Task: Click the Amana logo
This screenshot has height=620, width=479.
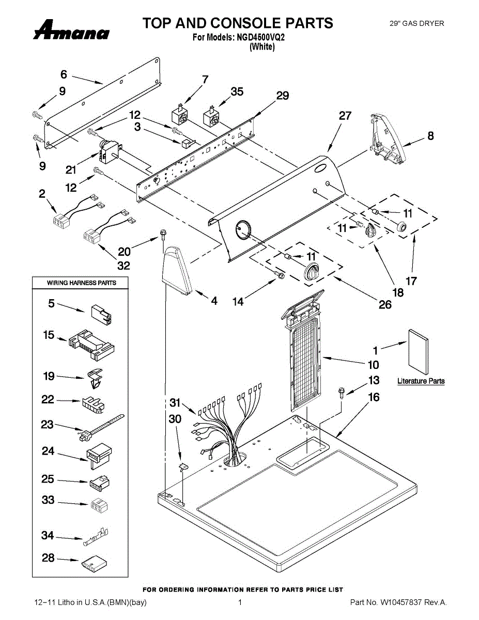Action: tap(71, 30)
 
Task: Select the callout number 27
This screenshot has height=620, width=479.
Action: tap(345, 116)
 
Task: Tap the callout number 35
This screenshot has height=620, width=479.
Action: tap(237, 92)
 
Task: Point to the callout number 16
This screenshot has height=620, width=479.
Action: tap(374, 397)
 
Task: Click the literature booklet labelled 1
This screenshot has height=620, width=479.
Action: tap(418, 351)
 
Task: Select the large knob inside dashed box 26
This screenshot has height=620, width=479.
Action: tap(312, 271)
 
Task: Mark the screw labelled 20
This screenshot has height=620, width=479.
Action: tap(164, 235)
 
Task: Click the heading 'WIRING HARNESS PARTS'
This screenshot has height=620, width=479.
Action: tap(82, 283)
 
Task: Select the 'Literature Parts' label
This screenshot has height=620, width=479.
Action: tap(421, 381)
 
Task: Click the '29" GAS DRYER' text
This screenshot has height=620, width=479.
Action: tap(416, 23)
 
